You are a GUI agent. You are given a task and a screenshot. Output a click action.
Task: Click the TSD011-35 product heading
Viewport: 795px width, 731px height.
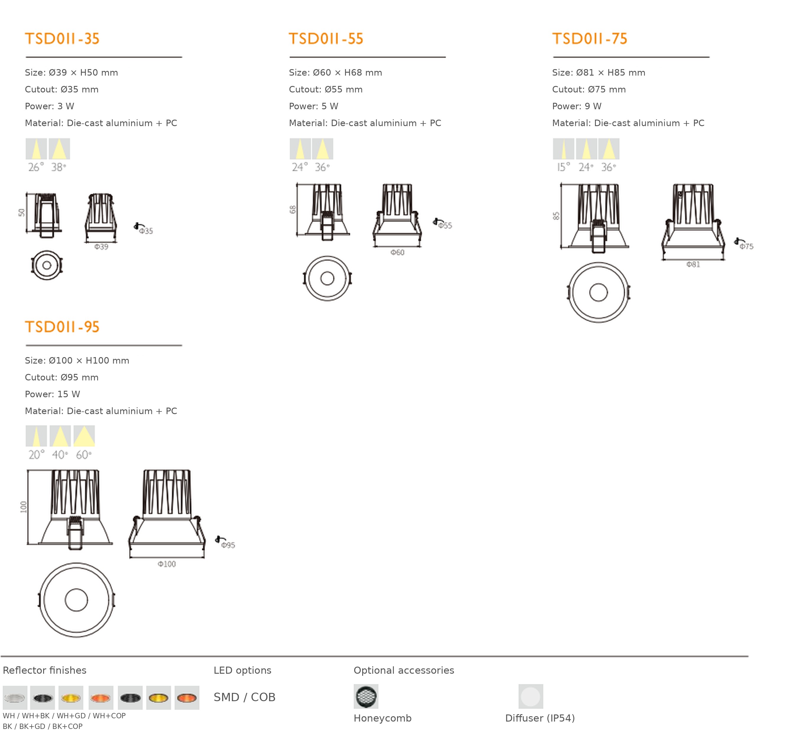(62, 39)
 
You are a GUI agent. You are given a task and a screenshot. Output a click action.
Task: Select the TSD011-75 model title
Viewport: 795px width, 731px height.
(590, 39)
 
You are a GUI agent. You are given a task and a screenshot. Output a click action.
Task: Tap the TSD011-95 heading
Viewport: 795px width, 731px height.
(62, 327)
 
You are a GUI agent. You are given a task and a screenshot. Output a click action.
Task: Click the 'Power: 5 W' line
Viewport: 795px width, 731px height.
(313, 106)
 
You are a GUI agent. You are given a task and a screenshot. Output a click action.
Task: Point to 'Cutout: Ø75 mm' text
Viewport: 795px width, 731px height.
(589, 89)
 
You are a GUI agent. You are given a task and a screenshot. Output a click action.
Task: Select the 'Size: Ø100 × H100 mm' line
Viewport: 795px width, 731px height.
(77, 360)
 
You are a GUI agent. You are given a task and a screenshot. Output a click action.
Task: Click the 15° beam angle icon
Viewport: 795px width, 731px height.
(563, 149)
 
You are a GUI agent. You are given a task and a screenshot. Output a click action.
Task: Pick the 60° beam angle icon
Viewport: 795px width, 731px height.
(84, 436)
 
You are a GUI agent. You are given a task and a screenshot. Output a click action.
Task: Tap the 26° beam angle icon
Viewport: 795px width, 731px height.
(36, 149)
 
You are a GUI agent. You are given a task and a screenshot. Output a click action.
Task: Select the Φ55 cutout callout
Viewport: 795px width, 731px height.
(443, 224)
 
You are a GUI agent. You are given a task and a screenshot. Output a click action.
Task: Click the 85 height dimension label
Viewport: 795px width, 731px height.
(556, 216)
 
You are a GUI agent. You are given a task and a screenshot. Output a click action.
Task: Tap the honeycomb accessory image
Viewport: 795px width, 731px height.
(366, 696)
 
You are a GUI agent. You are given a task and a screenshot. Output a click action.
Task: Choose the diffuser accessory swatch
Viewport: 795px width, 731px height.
(531, 696)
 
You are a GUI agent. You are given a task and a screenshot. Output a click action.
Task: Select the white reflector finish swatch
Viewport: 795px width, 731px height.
(15, 698)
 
